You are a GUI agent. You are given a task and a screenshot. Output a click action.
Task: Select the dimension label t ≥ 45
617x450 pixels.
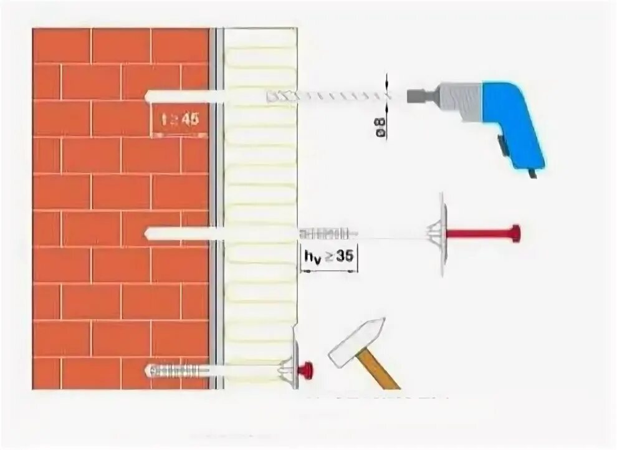(179, 120)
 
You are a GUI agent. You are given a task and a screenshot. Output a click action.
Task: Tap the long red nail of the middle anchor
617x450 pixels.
(480, 234)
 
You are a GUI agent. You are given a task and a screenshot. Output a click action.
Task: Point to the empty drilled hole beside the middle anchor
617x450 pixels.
(181, 234)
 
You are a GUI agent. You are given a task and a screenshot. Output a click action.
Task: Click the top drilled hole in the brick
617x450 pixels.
(181, 97)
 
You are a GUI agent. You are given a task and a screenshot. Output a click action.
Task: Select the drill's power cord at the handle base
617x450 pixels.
(532, 173)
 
